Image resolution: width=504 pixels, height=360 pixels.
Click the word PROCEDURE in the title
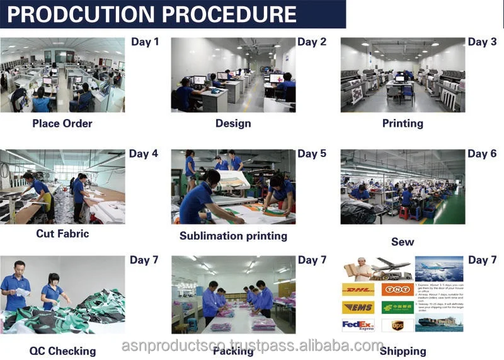[x=232, y=15]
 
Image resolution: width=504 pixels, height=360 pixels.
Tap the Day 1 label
[x=145, y=42]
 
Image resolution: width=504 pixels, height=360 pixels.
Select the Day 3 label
[x=482, y=42]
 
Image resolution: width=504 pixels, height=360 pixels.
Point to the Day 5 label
[x=312, y=154]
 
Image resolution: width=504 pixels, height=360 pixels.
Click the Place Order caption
[x=62, y=123]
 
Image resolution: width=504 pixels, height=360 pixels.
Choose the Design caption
[x=233, y=123]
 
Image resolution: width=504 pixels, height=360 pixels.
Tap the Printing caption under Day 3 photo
[x=403, y=123]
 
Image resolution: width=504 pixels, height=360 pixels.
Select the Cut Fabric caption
[x=62, y=234]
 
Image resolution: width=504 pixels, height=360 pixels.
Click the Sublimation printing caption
[x=233, y=236]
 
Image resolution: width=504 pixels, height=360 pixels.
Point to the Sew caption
[x=403, y=242]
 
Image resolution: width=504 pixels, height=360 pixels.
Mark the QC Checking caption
[x=62, y=351]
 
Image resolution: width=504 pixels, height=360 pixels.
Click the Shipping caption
[x=403, y=351]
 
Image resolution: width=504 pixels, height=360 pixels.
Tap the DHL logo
[x=357, y=289]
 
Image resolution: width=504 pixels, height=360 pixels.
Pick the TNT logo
[x=397, y=289]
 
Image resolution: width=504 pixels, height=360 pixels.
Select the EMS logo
[x=357, y=308]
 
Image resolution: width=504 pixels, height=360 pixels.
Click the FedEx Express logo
[x=357, y=325]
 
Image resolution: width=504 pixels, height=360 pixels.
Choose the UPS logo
[x=397, y=325]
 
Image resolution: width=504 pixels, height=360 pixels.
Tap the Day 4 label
[x=144, y=154]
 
